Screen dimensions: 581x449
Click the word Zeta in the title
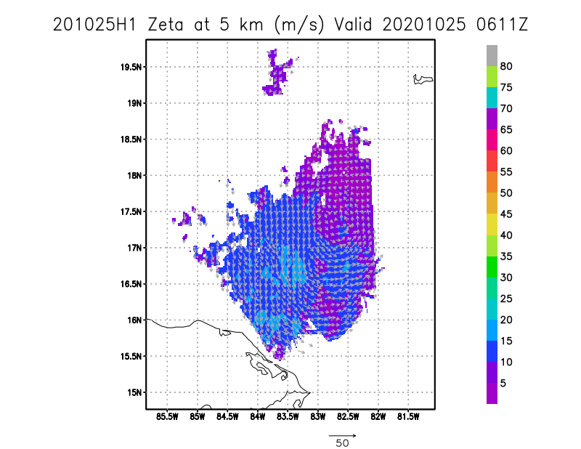(166, 25)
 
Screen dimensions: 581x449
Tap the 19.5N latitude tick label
(131, 67)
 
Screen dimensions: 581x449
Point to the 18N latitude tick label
(134, 175)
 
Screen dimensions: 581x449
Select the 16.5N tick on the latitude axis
(131, 284)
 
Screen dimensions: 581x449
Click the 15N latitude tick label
(134, 392)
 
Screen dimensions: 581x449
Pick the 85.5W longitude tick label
(167, 417)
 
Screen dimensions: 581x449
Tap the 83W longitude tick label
(318, 417)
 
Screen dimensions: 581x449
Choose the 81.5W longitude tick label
(408, 417)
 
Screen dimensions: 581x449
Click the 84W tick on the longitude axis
(258, 417)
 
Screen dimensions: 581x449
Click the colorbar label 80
(506, 66)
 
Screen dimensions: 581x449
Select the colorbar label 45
(506, 214)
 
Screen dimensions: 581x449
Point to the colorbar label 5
(503, 384)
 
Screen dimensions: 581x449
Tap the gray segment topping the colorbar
(492, 56)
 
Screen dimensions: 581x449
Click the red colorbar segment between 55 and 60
(492, 161)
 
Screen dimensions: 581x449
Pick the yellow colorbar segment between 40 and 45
(492, 224)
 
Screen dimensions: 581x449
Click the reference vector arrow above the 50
(342, 436)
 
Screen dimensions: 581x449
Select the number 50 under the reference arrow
(342, 443)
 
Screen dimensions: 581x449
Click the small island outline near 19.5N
(423, 79)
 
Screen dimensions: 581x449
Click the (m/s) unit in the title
(299, 25)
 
